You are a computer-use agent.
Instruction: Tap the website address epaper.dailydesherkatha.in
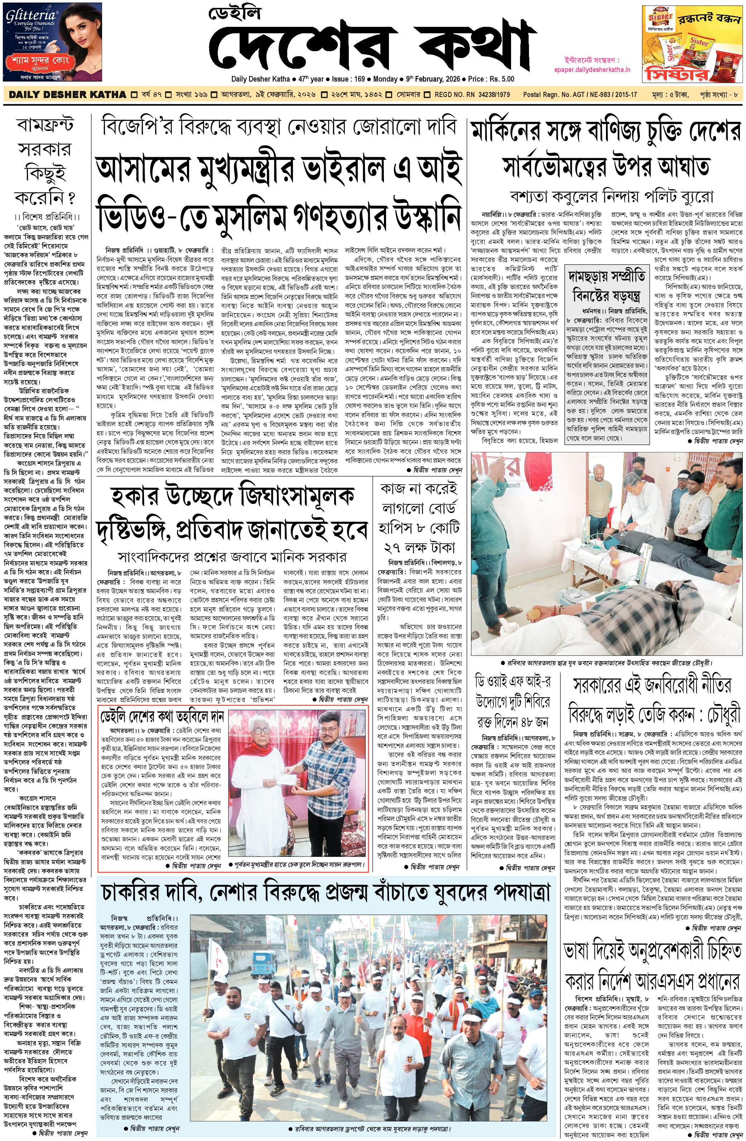tap(597, 69)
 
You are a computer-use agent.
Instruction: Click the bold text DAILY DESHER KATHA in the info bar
tap(68, 94)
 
